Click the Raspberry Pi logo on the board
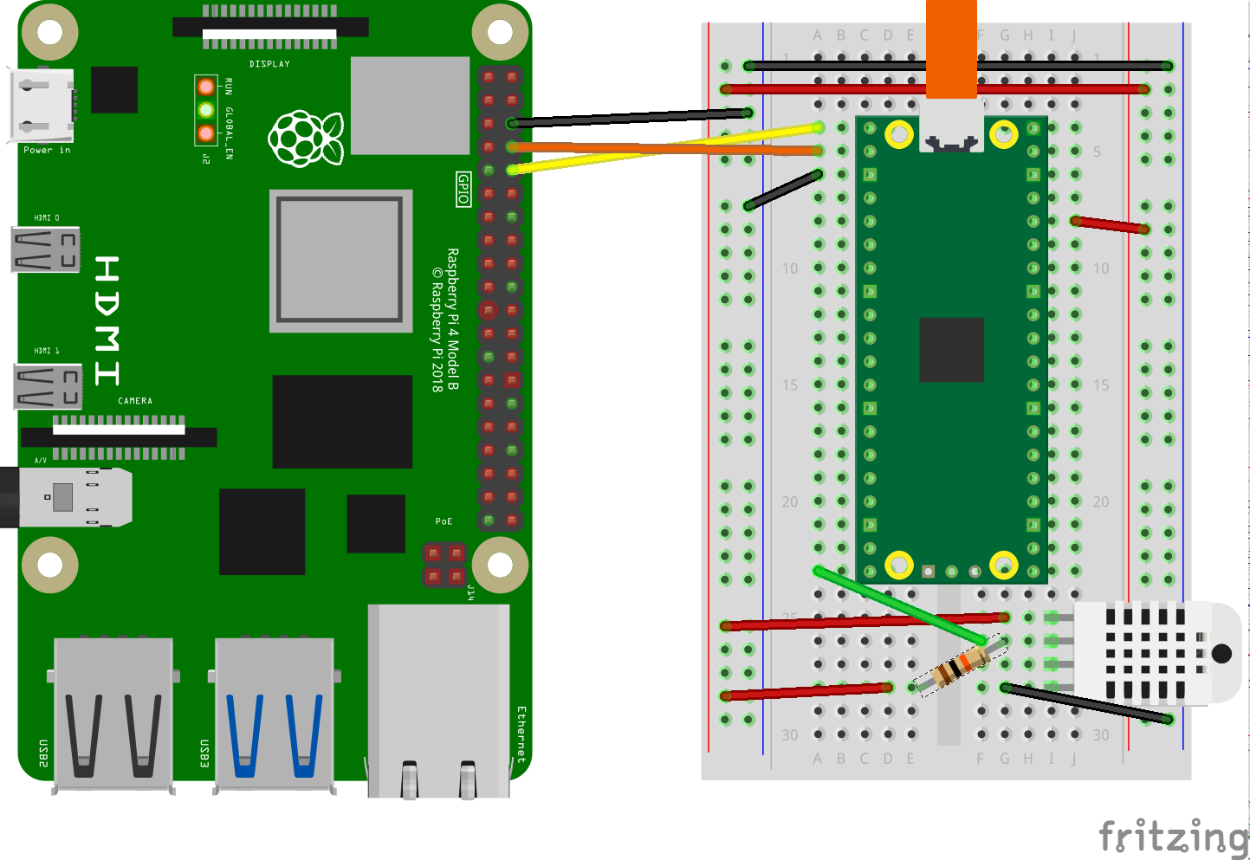pos(305,139)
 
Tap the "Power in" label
pos(47,151)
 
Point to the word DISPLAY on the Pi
pos(269,64)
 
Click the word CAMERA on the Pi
pos(135,401)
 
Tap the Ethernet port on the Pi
pos(438,702)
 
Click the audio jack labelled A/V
pos(69,497)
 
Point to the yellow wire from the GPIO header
pos(667,148)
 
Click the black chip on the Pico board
pos(951,350)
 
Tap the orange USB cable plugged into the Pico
pos(951,48)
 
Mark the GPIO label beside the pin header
pos(463,189)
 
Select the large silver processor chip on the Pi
pos(340,260)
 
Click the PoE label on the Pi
pos(444,521)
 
